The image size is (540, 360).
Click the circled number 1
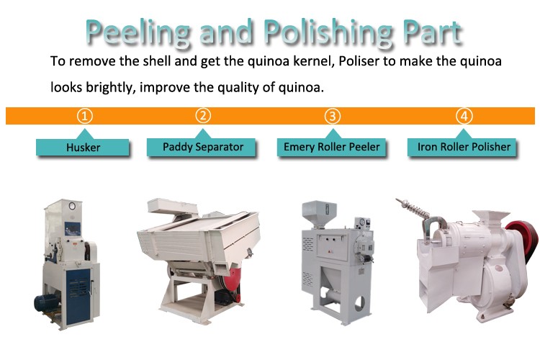point(84,116)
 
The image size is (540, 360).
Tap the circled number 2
point(203,116)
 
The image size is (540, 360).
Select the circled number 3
point(333,116)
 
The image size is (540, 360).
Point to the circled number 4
point(464,116)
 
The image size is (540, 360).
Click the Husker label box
point(83,148)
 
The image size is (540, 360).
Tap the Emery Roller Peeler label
point(331,147)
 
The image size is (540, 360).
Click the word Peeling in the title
point(138,32)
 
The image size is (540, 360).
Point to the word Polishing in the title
point(328,32)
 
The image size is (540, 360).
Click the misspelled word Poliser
point(359,61)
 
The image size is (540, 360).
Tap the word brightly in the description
point(109,88)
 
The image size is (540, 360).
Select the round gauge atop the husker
point(72,207)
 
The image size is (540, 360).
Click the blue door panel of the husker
point(78,297)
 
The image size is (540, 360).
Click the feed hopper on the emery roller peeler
point(319,214)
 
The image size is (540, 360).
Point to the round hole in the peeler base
point(359,304)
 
